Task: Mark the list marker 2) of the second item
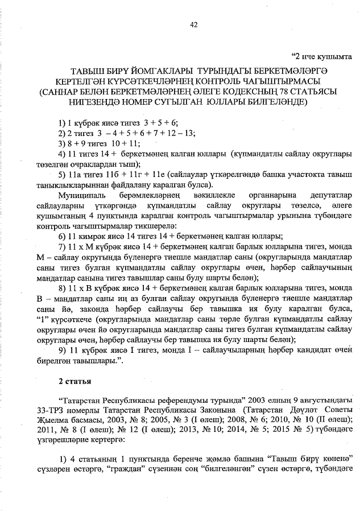click(64, 133)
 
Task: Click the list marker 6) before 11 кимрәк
click(64, 236)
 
